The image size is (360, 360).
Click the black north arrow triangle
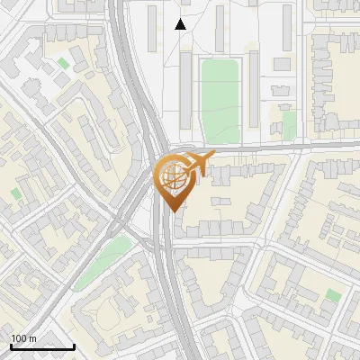click(x=181, y=24)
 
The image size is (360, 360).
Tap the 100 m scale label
click(x=22, y=338)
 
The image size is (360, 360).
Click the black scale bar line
click(x=42, y=346)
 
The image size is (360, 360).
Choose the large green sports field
click(x=220, y=102)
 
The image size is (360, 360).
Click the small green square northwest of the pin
click(x=62, y=64)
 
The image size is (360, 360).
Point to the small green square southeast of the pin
click(x=333, y=295)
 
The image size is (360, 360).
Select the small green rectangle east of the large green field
click(x=289, y=124)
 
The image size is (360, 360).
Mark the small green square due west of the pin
click(x=16, y=193)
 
